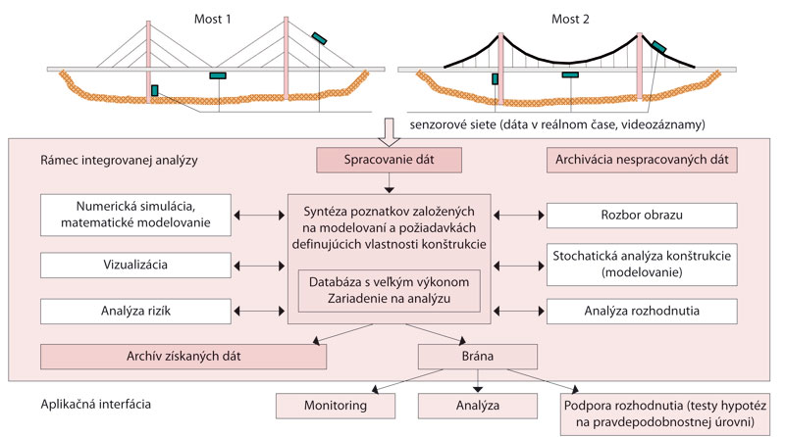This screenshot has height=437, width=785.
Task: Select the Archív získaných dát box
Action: (x=183, y=356)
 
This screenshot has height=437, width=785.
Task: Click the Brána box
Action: (x=477, y=356)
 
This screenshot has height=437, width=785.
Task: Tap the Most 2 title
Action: (x=568, y=14)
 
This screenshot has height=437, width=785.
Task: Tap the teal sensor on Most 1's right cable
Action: (x=320, y=37)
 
